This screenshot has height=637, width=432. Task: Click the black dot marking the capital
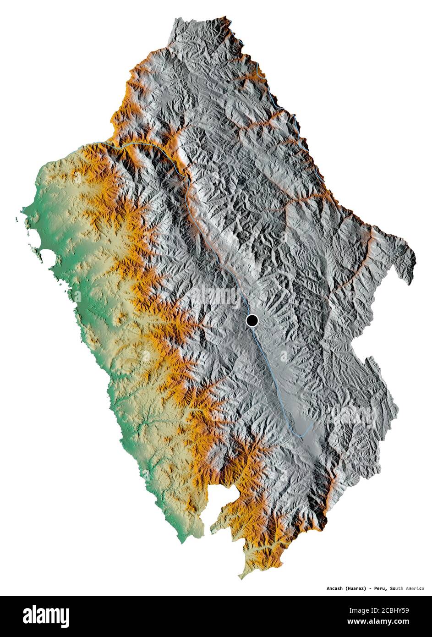point(252,320)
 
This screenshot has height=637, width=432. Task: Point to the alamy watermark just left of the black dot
point(215,297)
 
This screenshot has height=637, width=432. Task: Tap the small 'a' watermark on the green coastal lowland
point(146,356)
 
